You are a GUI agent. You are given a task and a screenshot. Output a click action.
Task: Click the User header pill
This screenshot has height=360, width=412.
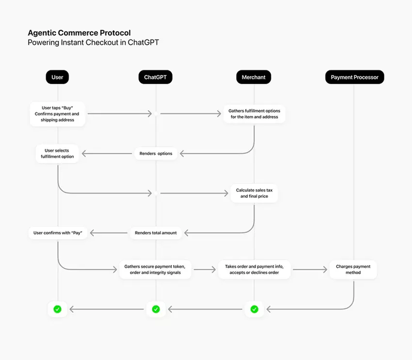[x=57, y=77]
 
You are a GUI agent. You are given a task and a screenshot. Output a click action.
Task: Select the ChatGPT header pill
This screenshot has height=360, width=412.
[x=156, y=77]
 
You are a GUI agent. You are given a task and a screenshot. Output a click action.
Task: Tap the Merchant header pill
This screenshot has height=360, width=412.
[x=254, y=77]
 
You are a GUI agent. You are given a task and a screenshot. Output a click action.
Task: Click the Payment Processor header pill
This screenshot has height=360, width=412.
[x=354, y=77]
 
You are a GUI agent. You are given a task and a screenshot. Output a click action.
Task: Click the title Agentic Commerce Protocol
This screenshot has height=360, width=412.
[x=79, y=33]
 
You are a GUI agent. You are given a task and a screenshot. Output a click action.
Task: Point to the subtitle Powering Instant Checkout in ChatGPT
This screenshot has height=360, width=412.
[x=93, y=43]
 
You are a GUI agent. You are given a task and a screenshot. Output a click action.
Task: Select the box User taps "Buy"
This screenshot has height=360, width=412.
[x=57, y=114]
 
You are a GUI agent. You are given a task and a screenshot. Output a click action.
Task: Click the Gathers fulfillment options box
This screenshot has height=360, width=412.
[x=254, y=114]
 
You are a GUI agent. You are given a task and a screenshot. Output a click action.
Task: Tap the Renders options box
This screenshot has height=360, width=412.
[x=156, y=153]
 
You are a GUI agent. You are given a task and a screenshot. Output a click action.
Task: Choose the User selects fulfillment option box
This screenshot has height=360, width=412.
[x=57, y=153]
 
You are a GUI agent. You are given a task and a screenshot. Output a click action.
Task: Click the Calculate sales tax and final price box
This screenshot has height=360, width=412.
[x=254, y=193]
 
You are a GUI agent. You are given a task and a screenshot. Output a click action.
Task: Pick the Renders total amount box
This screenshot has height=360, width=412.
[x=156, y=233]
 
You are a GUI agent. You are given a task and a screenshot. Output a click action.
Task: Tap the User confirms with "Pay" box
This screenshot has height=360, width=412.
[x=57, y=233]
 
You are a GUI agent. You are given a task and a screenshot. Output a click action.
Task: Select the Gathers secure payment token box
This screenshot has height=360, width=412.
[x=156, y=269]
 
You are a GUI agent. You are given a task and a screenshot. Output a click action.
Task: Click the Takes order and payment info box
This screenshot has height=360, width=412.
[x=254, y=269]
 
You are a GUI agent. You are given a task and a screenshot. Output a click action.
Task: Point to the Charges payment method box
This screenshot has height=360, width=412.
[x=353, y=269]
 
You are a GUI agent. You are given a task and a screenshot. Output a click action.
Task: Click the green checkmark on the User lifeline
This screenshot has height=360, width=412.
[x=57, y=309]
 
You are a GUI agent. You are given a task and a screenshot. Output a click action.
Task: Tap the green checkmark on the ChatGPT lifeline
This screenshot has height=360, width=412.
[x=156, y=309]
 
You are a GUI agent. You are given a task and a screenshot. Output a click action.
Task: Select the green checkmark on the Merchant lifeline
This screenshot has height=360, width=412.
[x=254, y=309]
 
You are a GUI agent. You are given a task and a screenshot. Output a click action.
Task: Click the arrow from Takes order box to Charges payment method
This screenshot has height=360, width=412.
[x=310, y=269]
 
